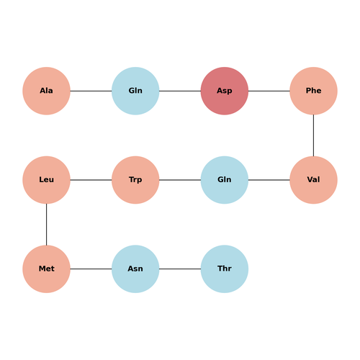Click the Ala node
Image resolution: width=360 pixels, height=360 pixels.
(x=46, y=91)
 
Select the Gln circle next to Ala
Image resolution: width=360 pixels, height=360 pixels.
(x=135, y=91)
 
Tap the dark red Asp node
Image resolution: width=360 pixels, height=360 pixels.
(x=225, y=91)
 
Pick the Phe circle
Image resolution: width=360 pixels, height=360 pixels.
(x=313, y=91)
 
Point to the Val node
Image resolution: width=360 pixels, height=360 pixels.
(x=313, y=180)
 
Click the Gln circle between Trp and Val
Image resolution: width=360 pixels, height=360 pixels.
(x=225, y=180)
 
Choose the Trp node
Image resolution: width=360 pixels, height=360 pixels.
(x=135, y=180)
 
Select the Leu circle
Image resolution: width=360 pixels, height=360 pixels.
(x=46, y=180)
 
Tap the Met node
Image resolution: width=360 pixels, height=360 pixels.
(x=46, y=269)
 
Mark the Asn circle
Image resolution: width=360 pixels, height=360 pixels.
(x=135, y=269)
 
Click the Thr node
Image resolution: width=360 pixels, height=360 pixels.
(x=225, y=269)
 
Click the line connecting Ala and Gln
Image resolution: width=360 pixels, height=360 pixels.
(x=91, y=91)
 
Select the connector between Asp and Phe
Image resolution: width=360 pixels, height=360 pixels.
(x=269, y=91)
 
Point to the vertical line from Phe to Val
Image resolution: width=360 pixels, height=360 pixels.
(x=313, y=135)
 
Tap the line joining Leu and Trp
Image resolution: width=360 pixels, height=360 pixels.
(x=91, y=180)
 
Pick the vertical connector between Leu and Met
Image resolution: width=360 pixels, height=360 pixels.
(x=46, y=225)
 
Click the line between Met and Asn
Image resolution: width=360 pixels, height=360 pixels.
(x=91, y=269)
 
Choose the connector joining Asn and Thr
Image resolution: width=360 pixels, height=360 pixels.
(x=180, y=269)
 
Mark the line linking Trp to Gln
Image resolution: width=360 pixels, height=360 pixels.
(x=180, y=180)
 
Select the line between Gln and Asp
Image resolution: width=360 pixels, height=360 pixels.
(x=180, y=91)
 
